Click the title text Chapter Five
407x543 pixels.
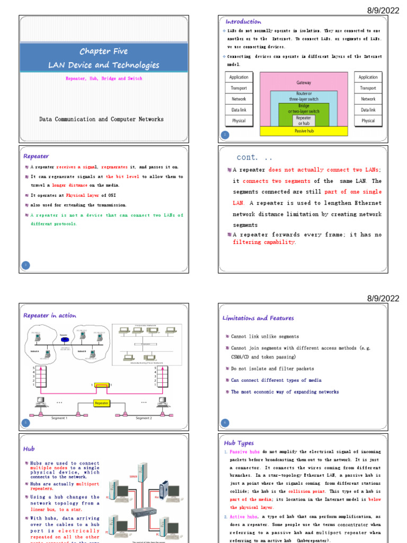pos(103,51)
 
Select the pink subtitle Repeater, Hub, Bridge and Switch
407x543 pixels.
pos(103,78)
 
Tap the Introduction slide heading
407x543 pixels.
pos(243,22)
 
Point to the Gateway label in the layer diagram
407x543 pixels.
pos(304,83)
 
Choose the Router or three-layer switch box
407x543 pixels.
pos(304,97)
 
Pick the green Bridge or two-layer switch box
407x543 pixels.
pos(304,109)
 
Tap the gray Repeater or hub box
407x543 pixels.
pos(304,121)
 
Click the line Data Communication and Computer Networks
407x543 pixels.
pos(101,119)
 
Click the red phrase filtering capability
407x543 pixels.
pos(264,242)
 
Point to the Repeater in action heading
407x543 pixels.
pos(50,316)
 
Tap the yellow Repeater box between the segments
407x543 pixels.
pos(102,403)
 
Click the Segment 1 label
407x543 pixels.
pos(59,418)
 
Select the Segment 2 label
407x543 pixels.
pos(143,418)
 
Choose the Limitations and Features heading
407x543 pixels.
pos(258,318)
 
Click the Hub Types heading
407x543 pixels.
pos(239,443)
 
